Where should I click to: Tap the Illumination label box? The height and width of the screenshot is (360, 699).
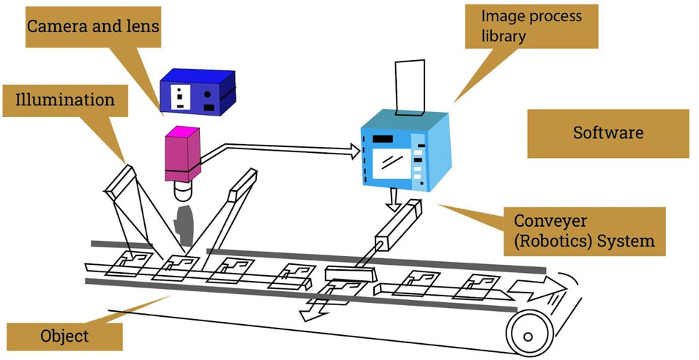click(x=65, y=99)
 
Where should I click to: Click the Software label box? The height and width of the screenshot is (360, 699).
click(x=608, y=133)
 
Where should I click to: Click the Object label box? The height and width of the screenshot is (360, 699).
click(x=62, y=336)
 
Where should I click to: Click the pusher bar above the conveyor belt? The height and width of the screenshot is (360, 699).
click(x=350, y=275)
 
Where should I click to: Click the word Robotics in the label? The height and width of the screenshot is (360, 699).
click(x=545, y=240)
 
